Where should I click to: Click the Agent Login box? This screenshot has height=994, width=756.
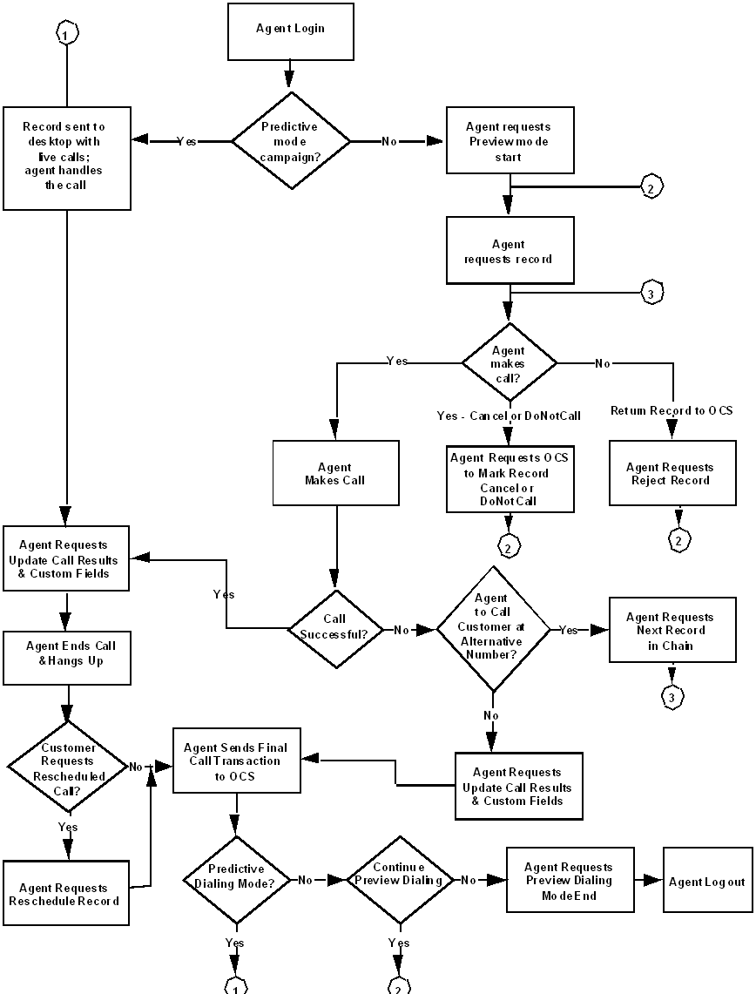click(290, 29)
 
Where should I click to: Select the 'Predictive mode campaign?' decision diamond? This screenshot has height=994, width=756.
click(291, 140)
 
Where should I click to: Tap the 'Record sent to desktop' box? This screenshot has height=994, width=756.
click(67, 159)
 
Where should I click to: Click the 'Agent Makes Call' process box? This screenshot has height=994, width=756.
click(335, 474)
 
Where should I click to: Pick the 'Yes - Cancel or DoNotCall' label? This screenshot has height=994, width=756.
click(509, 416)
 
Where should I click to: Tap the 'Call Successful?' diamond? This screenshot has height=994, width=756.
click(335, 626)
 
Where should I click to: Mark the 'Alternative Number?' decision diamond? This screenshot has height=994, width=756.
click(493, 628)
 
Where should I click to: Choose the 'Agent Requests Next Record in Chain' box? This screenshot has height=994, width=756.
click(671, 630)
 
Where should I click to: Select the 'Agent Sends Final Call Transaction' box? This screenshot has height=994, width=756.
click(236, 761)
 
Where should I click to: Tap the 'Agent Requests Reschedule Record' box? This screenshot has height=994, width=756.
click(66, 895)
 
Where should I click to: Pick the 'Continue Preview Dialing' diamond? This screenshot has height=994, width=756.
click(399, 880)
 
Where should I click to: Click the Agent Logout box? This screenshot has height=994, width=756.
click(707, 882)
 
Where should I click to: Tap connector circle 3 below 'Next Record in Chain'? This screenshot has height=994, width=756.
click(671, 698)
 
